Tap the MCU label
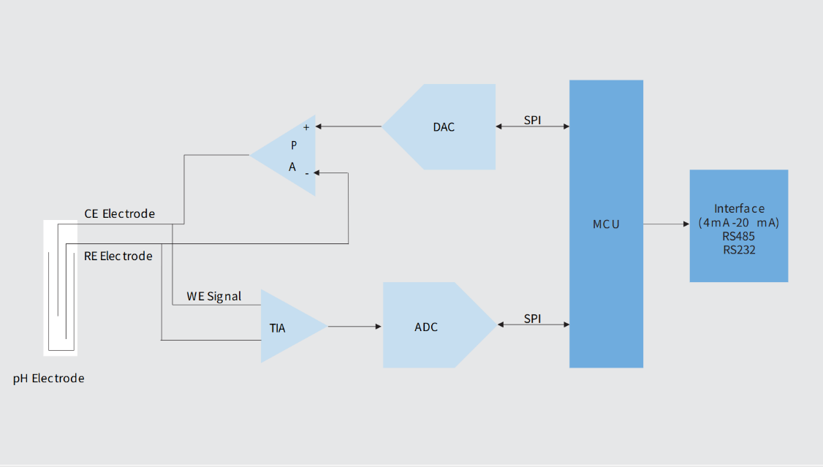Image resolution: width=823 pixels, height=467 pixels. pos(606,224)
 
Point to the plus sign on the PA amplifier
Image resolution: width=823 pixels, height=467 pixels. pos(306,127)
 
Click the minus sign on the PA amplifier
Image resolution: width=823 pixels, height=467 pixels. pos(307,173)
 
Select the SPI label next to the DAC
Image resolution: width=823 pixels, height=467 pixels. pos(532,120)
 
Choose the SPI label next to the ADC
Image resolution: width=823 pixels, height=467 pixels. pos(532,318)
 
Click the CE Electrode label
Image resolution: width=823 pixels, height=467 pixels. pos(120,213)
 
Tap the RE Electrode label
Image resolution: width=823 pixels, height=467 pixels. pos(118,256)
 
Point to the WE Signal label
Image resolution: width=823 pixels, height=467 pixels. pos(213,297)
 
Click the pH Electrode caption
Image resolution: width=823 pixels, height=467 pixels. pos(48,379)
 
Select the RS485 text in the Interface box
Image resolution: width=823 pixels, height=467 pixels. pos(738,236)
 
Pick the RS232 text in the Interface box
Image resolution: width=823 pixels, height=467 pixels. pos(739,250)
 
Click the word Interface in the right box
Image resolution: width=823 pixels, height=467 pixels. pos(739,208)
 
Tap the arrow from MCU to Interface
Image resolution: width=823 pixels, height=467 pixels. pos(667,224)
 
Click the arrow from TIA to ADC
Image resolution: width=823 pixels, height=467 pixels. pos(354,327)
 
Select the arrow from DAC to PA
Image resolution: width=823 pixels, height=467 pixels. pos(348,126)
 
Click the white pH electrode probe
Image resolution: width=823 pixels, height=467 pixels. pos(61,288)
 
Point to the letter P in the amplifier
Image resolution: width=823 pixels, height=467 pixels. pos(294,145)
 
